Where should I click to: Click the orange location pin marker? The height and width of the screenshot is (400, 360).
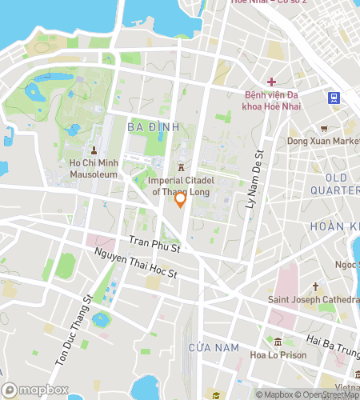click(181, 200)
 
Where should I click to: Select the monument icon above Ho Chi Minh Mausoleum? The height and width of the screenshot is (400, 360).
click(94, 150)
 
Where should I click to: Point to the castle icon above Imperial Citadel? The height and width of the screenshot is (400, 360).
click(182, 167)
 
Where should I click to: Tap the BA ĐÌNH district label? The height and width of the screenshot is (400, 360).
click(147, 127)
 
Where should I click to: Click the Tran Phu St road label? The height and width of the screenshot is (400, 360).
click(155, 245)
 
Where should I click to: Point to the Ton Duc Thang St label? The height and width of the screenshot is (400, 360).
click(74, 329)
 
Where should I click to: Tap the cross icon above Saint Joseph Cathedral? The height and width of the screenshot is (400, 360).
click(316, 286)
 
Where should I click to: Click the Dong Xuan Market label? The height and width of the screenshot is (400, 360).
click(323, 142)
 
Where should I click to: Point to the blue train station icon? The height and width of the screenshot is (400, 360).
click(333, 98)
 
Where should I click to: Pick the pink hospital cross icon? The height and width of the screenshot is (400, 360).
click(271, 82)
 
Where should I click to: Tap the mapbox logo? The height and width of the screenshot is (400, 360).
click(35, 390)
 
